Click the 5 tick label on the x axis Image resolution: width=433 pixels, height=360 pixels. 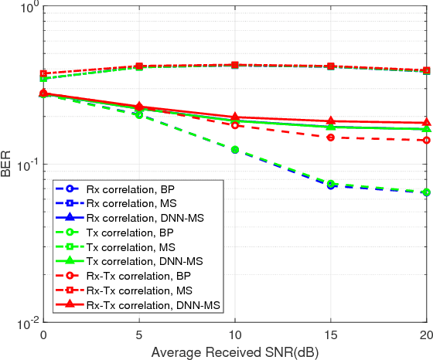[138, 335]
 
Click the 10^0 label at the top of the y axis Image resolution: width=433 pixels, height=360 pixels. [26, 8]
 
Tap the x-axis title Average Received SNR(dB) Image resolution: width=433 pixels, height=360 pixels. [234, 352]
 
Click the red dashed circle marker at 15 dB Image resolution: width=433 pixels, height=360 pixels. [330, 138]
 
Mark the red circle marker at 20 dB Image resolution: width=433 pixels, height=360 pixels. [426, 141]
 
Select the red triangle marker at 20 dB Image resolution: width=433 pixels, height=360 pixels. [426, 123]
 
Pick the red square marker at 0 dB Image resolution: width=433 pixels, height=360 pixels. [43, 73]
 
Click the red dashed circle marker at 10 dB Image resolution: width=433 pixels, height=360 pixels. [234, 125]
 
